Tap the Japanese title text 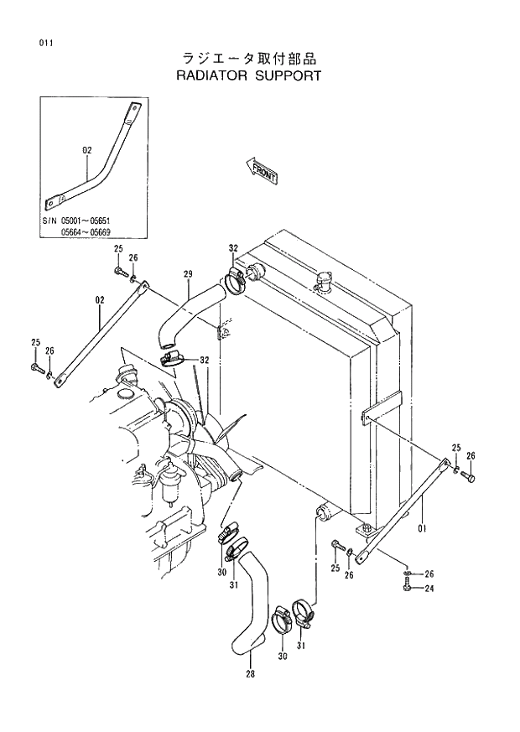tap(250, 59)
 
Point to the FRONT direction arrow tap(262, 170)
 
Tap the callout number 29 tap(188, 273)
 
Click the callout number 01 tap(422, 529)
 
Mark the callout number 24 tap(429, 588)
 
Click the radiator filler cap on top tap(323, 282)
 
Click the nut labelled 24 tap(407, 587)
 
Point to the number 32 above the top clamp tap(233, 248)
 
